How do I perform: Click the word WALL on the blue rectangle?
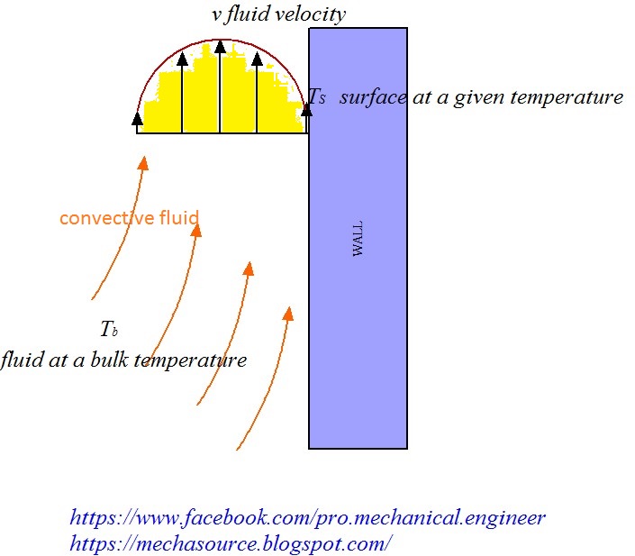pyautogui.click(x=358, y=238)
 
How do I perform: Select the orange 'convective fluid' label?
pyautogui.click(x=129, y=218)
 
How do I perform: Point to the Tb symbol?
pyautogui.click(x=109, y=328)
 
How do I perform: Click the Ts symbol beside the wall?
pyautogui.click(x=317, y=97)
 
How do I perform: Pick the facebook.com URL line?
pyautogui.click(x=307, y=518)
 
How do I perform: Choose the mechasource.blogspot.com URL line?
pyautogui.click(x=231, y=543)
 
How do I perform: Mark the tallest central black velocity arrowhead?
pyautogui.click(x=220, y=45)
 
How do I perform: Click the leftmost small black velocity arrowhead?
pyautogui.click(x=138, y=118)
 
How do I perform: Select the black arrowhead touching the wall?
pyautogui.click(x=306, y=109)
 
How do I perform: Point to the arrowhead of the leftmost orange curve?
pyautogui.click(x=142, y=162)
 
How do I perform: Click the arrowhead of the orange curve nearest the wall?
pyautogui.click(x=288, y=314)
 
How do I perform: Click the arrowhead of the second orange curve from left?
pyautogui.click(x=195, y=229)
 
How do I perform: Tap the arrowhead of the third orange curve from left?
pyautogui.click(x=249, y=268)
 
